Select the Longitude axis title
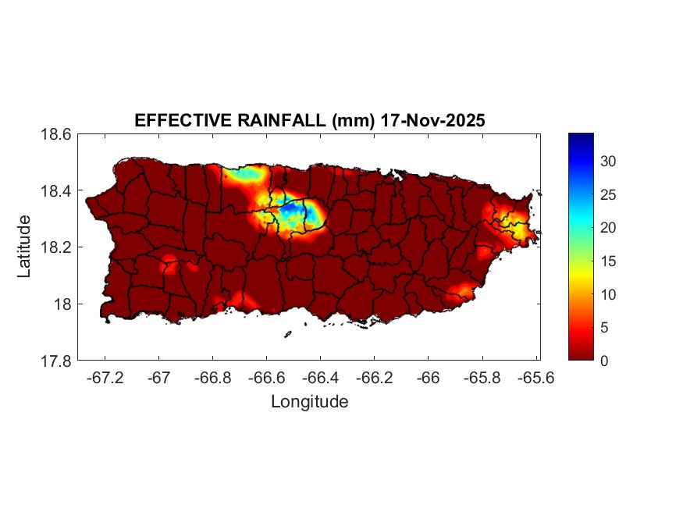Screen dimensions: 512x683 point(309,402)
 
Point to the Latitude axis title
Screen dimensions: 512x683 point(24,247)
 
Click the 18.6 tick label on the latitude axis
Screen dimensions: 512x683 point(57,134)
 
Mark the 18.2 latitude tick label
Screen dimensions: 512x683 point(57,247)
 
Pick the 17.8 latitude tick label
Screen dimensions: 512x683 point(57,361)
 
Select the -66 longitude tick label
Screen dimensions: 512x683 point(428,378)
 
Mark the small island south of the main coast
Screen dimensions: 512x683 point(287,335)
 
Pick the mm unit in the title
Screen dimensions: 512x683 point(344,121)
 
